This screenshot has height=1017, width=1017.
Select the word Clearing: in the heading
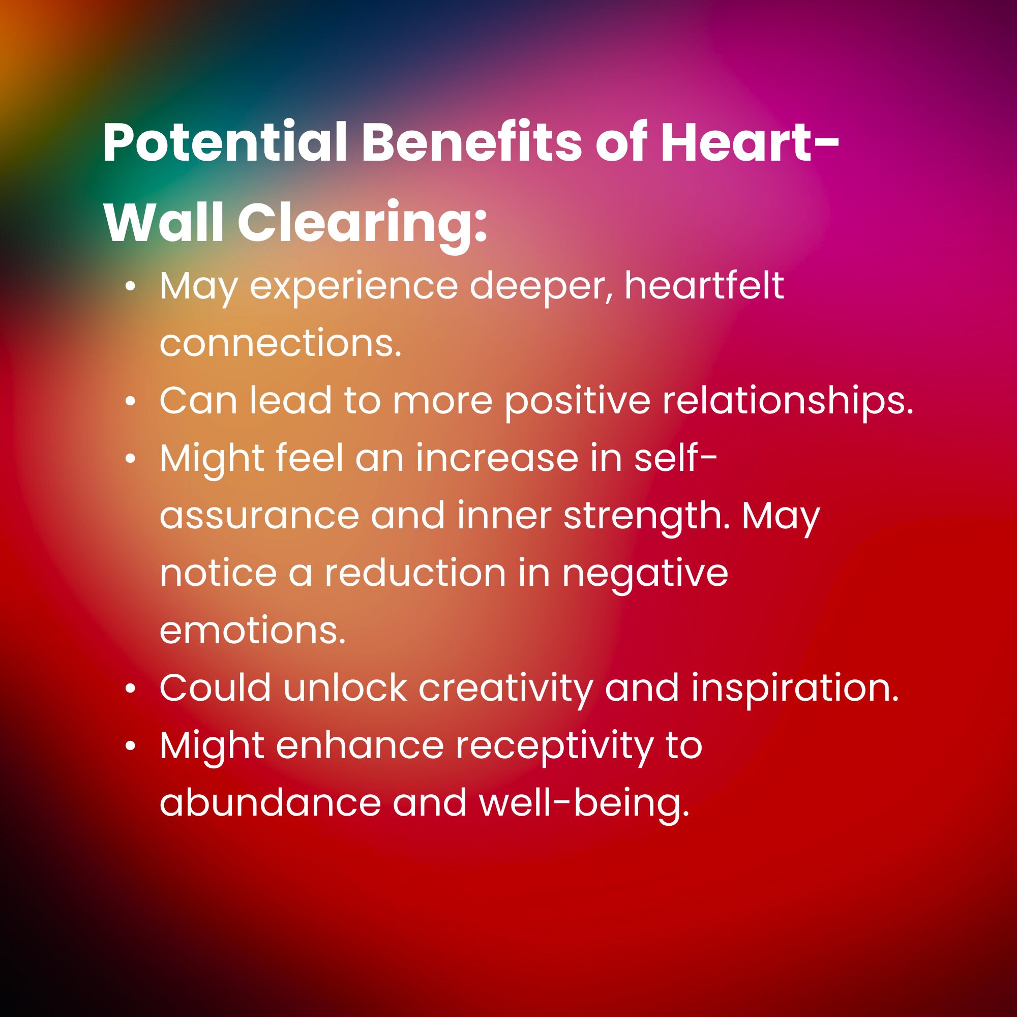pos(363,222)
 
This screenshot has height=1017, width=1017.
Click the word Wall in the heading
pos(164,222)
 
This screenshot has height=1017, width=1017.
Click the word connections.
pos(281,343)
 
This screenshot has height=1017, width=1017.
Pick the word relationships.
pos(788,401)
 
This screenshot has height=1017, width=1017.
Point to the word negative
pos(645,574)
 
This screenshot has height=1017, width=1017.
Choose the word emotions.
pos(253,631)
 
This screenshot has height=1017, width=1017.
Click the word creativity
pos(506,689)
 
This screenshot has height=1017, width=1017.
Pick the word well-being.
pos(584,804)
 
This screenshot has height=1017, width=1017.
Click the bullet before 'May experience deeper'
pos(131,287)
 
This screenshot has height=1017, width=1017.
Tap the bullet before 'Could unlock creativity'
pos(131,689)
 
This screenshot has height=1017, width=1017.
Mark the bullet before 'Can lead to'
pos(131,402)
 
